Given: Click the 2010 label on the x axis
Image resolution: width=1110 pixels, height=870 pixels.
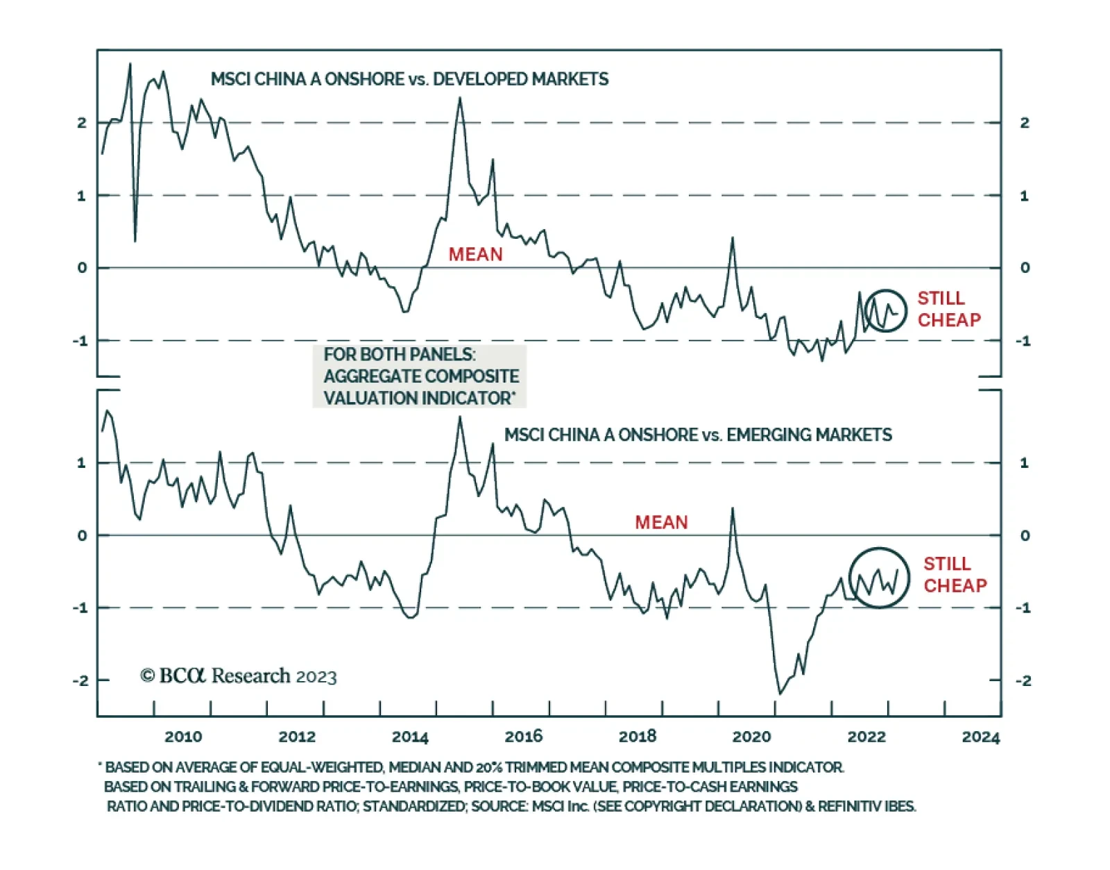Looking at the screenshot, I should point(183,737).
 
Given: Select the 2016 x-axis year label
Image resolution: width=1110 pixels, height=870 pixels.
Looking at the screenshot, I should point(524,737).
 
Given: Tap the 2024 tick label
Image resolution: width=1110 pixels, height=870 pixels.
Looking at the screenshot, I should point(980,737).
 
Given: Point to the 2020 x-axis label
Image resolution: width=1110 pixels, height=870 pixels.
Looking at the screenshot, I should point(751,737).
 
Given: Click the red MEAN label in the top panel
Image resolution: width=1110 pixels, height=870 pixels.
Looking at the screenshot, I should point(475,255).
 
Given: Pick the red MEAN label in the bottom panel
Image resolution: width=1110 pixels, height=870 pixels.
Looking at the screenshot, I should point(661,522).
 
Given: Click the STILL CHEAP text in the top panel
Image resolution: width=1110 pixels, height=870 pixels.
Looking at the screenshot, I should point(948,309).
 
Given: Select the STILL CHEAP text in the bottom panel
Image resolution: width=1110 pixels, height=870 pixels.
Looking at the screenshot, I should point(955,574).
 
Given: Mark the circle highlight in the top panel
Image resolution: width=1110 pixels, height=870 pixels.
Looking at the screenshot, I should point(885,310).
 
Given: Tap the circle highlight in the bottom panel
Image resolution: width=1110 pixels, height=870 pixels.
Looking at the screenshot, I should point(879,578).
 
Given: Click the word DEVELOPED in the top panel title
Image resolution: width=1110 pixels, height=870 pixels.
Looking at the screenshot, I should point(475,79).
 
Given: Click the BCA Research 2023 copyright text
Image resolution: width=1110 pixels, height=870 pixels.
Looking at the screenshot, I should point(238,676).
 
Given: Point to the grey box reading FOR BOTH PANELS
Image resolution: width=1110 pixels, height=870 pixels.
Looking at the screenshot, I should point(420,376).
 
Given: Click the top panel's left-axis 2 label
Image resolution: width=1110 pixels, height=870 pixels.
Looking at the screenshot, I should point(82,123).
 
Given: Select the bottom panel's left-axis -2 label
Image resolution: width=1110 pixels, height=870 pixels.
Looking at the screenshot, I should point(80,680).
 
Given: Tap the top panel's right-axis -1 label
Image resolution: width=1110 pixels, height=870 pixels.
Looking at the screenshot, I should point(1023,341).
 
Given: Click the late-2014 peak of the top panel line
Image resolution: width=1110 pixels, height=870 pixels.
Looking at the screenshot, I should point(459,98).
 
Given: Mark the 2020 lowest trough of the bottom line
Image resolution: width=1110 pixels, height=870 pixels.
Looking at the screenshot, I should point(780,693).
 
